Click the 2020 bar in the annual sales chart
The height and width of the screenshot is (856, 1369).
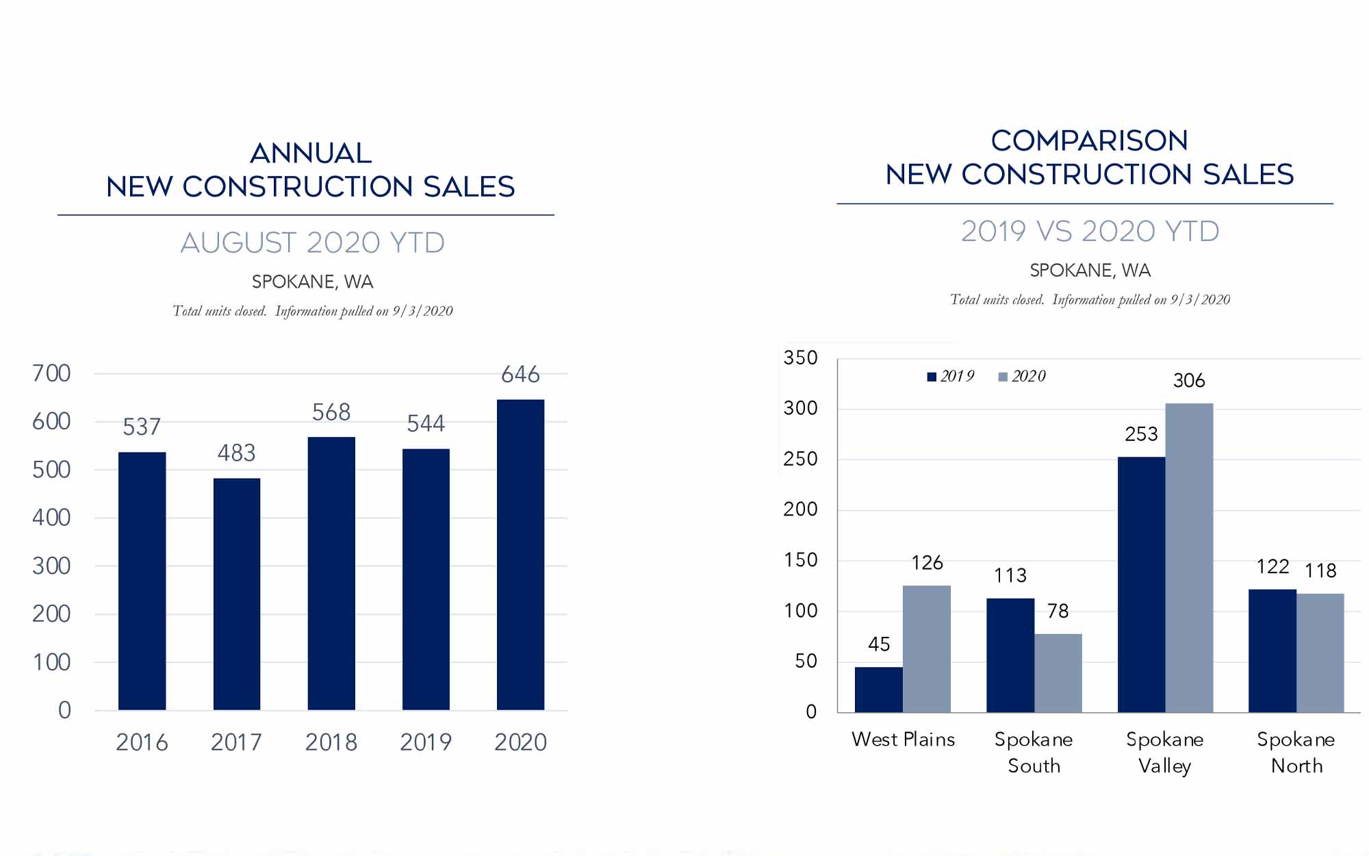click(x=520, y=555)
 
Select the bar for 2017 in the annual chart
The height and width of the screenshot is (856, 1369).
click(x=237, y=594)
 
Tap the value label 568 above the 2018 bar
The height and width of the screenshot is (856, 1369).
click(x=331, y=412)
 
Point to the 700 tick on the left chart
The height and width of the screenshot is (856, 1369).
click(x=51, y=373)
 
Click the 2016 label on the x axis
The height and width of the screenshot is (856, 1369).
click(x=142, y=742)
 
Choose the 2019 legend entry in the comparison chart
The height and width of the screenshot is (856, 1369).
click(x=951, y=376)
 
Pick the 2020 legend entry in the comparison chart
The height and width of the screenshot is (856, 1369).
click(x=1023, y=376)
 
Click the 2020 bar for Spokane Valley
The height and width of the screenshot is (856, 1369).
click(x=1189, y=557)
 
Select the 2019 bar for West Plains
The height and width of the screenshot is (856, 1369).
click(x=878, y=690)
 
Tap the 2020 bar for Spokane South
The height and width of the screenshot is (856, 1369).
click(x=1058, y=673)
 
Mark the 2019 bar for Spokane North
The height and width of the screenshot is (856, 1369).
click(x=1272, y=651)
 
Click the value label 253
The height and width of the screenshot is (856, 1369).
click(x=1141, y=434)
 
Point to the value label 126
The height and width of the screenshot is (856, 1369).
click(x=927, y=563)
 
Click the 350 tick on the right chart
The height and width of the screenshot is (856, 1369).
click(x=800, y=358)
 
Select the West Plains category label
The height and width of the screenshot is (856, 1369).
click(x=903, y=740)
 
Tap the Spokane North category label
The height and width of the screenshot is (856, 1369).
click(x=1296, y=753)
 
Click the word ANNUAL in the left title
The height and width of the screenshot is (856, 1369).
click(x=311, y=153)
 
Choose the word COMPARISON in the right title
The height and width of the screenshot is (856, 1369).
click(x=1089, y=141)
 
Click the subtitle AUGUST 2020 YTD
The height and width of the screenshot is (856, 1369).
click(x=312, y=243)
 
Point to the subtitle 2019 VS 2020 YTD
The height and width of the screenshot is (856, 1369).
click(x=1090, y=231)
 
